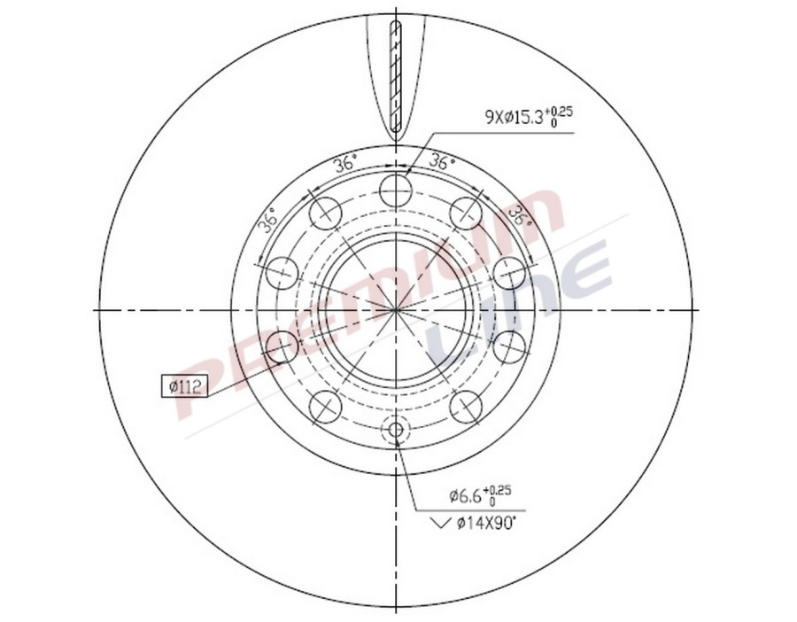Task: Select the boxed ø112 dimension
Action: pyautogui.click(x=182, y=386)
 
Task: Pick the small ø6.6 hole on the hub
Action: pyautogui.click(x=396, y=432)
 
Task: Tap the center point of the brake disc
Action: pyautogui.click(x=396, y=310)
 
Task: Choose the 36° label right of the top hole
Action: pyautogui.click(x=442, y=163)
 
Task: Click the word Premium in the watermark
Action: pyautogui.click(x=363, y=301)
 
